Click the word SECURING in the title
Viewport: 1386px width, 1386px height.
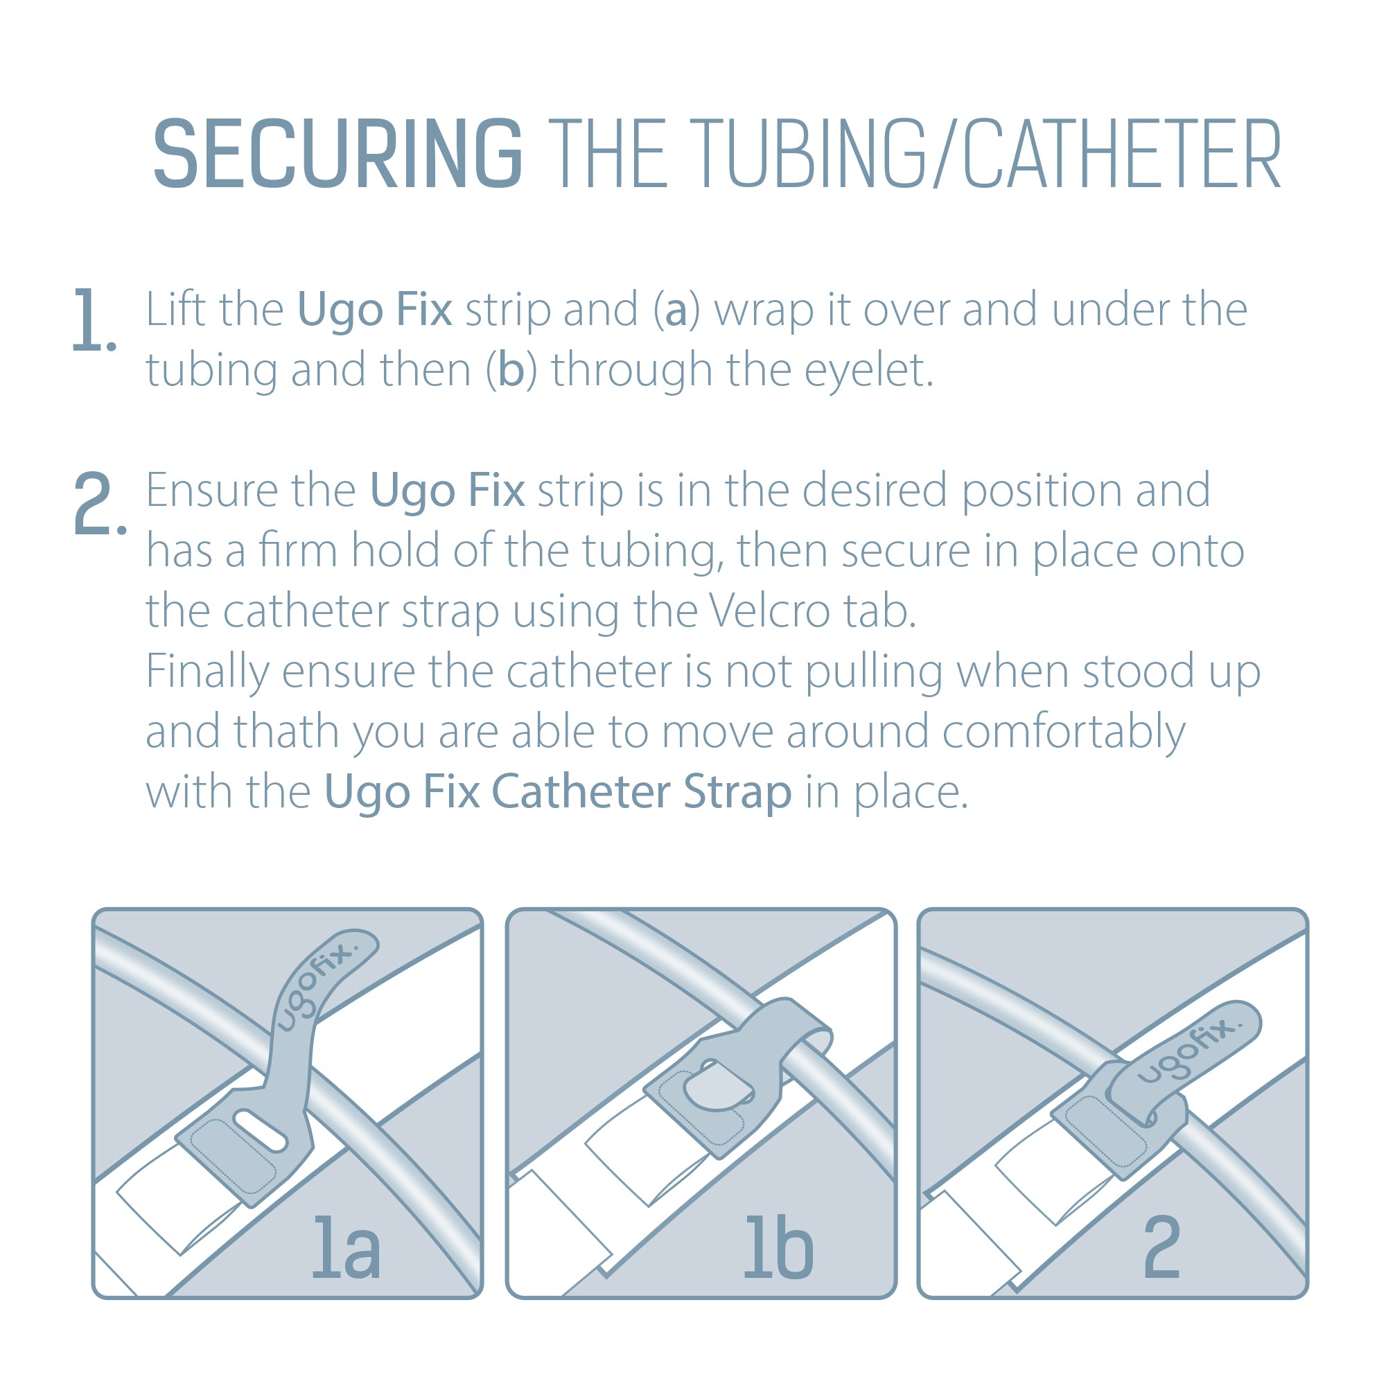point(337,155)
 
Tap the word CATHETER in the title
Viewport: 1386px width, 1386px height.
point(1121,155)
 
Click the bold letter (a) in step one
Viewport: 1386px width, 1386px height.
point(676,310)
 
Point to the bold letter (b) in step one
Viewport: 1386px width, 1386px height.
point(511,371)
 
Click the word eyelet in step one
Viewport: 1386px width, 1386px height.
point(868,371)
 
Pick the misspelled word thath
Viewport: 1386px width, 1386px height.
point(286,732)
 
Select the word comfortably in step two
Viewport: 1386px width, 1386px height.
point(1063,733)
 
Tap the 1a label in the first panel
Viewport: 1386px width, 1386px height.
point(346,1247)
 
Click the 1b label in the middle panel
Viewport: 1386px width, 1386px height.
point(778,1247)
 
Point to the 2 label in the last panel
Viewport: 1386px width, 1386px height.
point(1161,1247)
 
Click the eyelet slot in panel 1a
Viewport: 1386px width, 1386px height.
point(261,1130)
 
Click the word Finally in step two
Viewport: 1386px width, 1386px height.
point(207,672)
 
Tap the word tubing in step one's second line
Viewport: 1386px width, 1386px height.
point(211,371)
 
